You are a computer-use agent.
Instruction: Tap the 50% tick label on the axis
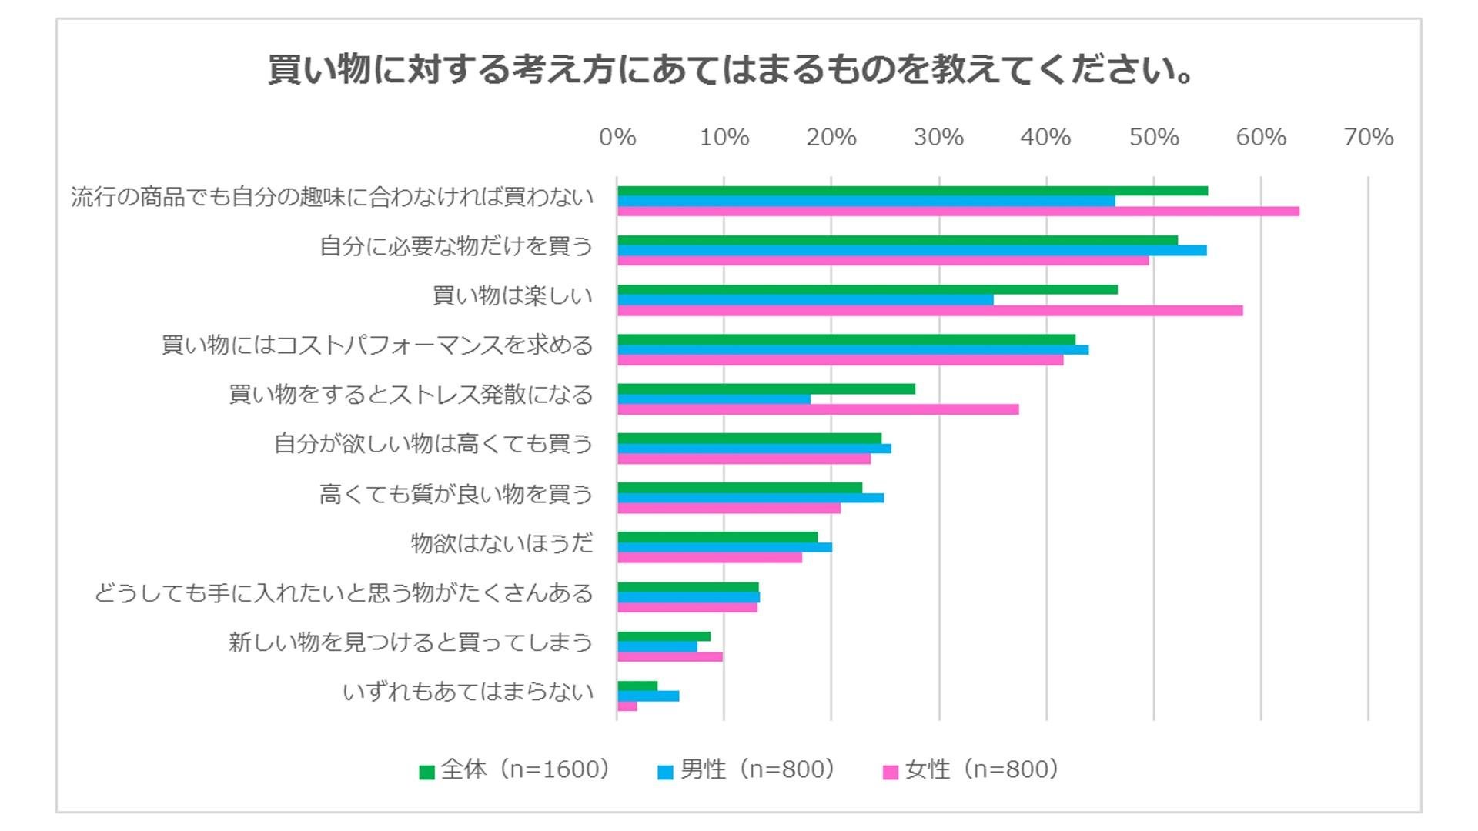(1153, 137)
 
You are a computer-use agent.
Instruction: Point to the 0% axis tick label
(617, 137)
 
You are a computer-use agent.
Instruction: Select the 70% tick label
(1368, 137)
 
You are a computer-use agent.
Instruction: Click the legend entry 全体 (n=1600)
(515, 769)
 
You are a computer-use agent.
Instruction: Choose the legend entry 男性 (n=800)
(747, 769)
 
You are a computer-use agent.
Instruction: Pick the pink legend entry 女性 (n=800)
(971, 769)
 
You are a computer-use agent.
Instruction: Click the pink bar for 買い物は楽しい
(929, 311)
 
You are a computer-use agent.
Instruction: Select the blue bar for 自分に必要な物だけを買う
(911, 251)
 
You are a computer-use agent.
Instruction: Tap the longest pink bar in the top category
(958, 212)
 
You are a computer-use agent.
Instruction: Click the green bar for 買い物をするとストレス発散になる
(766, 389)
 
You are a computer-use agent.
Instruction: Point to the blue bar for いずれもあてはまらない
(647, 696)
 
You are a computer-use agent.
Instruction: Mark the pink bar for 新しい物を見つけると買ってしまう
(670, 657)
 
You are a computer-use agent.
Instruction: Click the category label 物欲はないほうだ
(502, 544)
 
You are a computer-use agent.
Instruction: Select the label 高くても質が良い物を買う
(456, 494)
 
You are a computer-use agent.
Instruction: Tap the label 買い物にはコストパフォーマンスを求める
(377, 345)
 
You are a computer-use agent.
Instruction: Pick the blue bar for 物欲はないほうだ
(724, 548)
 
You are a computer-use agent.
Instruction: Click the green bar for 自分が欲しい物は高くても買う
(749, 439)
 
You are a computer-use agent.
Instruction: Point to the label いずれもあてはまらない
(468, 692)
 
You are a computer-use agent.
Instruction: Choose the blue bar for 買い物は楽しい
(804, 300)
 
